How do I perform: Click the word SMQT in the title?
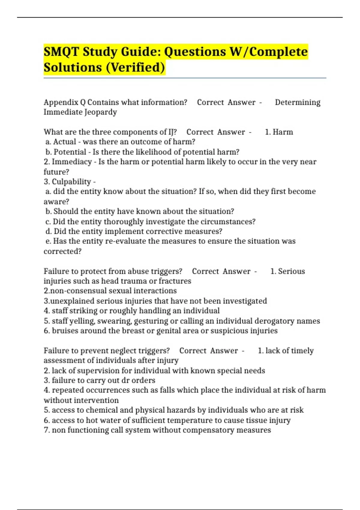(x=61, y=52)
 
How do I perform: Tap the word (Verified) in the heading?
(x=135, y=67)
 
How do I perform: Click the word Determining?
(x=298, y=102)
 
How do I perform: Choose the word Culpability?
(x=71, y=182)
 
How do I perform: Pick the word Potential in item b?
(x=70, y=152)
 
